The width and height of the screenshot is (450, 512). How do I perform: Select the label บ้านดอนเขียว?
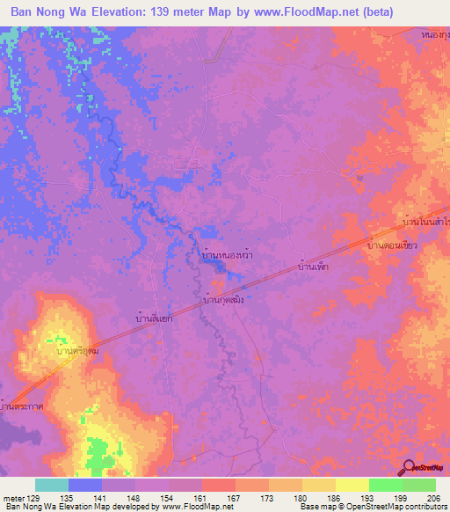(391, 247)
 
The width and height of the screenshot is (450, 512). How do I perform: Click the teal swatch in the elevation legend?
(51, 485)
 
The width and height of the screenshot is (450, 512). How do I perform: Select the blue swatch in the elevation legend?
(84, 485)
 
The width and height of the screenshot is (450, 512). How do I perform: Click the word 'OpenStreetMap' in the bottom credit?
(374, 507)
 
